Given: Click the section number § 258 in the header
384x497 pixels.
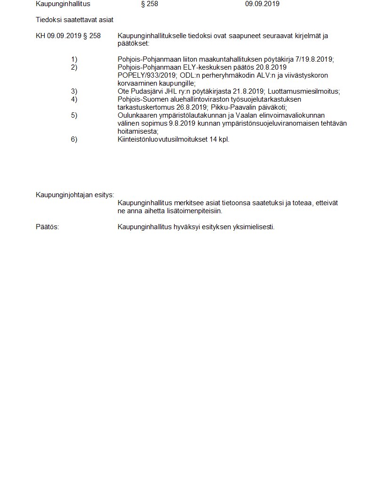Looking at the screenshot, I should click(149, 4).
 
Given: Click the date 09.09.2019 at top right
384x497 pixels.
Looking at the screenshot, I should click(262, 4).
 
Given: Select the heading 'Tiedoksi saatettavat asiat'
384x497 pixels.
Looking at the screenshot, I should click(74, 20).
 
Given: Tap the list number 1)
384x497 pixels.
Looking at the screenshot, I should click(74, 59).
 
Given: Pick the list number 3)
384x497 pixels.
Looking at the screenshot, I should click(74, 91).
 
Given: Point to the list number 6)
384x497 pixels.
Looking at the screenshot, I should click(74, 139).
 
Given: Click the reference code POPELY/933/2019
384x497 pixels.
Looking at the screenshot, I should click(147, 75).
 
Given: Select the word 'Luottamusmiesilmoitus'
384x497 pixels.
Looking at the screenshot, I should click(304, 91).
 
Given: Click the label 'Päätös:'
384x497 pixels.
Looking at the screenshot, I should click(48, 227).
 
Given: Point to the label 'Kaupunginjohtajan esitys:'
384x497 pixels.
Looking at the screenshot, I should click(75, 195).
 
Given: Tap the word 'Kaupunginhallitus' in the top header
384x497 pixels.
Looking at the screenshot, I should click(63, 4).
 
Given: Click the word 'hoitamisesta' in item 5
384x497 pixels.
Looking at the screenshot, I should click(137, 131).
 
